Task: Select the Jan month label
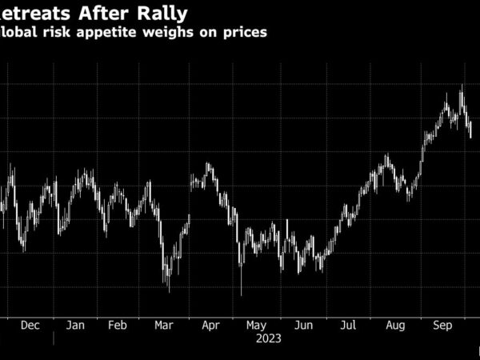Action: [x=74, y=326]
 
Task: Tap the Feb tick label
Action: [x=118, y=326]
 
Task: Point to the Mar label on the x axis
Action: [x=163, y=326]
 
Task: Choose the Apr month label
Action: [x=210, y=326]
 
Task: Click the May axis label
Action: [x=256, y=326]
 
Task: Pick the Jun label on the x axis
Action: [x=303, y=326]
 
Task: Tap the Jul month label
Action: [x=348, y=326]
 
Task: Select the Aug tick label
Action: [x=395, y=326]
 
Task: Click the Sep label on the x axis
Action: [x=442, y=326]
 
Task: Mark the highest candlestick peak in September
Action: [x=462, y=86]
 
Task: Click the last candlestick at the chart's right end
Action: [x=470, y=130]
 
